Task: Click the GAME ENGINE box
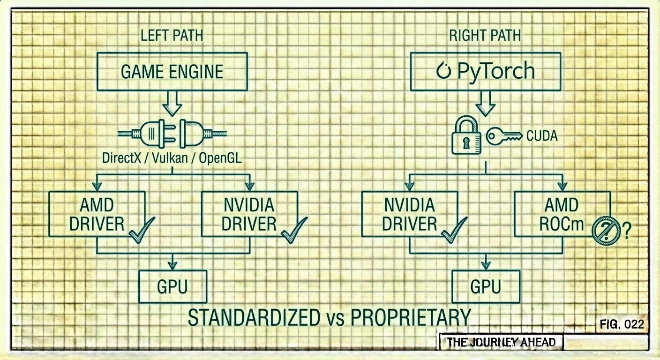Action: [x=172, y=71]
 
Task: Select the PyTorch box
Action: [x=485, y=71]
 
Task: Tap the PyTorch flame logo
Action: [x=442, y=71]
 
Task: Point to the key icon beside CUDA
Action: [x=503, y=136]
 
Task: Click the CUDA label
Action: [x=542, y=136]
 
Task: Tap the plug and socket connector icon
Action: [x=172, y=132]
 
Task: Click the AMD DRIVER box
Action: [x=97, y=214]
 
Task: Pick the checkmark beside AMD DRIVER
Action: [x=142, y=231]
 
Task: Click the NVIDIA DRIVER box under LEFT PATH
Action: [x=249, y=214]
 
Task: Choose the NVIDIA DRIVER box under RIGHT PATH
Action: [x=409, y=214]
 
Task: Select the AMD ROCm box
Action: [x=562, y=214]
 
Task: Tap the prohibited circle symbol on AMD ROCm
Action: [x=606, y=231]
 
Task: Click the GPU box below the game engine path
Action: [x=172, y=286]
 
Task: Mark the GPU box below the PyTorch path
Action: [x=486, y=286]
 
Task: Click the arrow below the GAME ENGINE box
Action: [x=172, y=103]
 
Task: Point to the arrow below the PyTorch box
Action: [x=485, y=103]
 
